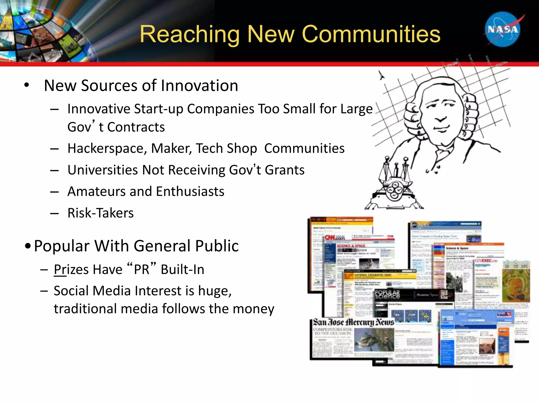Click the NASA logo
click(x=503, y=29)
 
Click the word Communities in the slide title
click(x=371, y=34)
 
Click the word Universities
click(x=102, y=170)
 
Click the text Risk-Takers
click(x=101, y=213)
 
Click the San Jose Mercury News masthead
click(x=353, y=322)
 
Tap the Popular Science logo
click(x=387, y=295)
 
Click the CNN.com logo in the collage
click(x=335, y=238)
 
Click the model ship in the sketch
click(x=393, y=184)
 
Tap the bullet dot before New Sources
click(x=26, y=85)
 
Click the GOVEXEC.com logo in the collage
click(x=486, y=261)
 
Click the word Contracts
click(x=136, y=127)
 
